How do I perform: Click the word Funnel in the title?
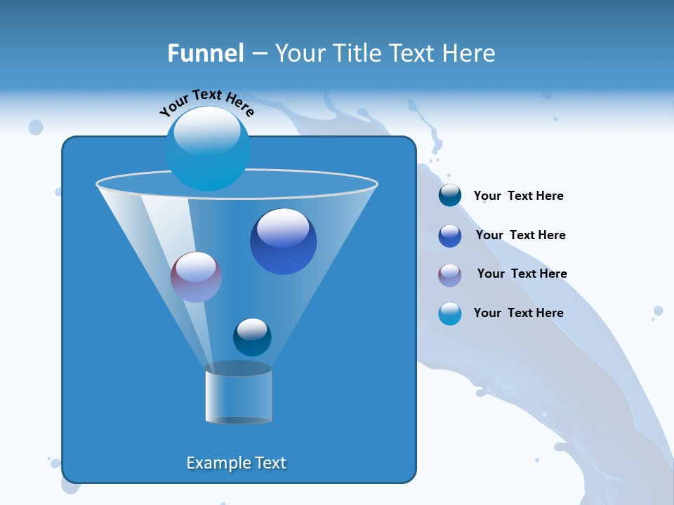[205, 53]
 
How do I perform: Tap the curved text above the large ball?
[206, 101]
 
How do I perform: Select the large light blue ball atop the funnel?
[208, 149]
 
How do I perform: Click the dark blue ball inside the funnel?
[283, 242]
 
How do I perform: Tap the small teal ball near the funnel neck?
[252, 337]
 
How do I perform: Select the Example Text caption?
[236, 463]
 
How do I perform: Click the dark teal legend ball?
[450, 196]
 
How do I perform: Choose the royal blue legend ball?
[450, 235]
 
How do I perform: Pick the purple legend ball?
[450, 274]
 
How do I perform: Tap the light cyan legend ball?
[450, 314]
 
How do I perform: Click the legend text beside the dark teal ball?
[518, 196]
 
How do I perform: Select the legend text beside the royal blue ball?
[520, 235]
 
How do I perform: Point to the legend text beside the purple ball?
[522, 274]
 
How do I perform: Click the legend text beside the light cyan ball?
[518, 313]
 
